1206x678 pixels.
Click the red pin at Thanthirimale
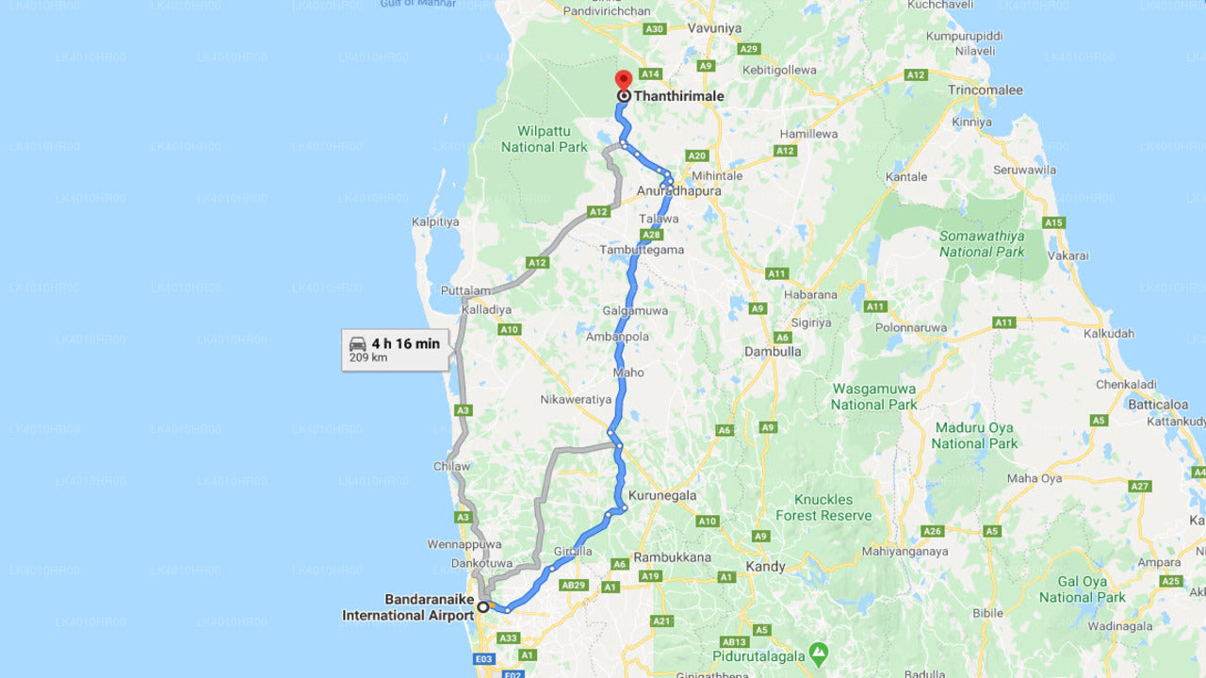(x=623, y=80)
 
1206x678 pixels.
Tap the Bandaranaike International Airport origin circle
(x=483, y=606)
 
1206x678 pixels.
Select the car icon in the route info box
(x=357, y=344)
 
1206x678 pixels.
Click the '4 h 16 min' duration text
(x=405, y=344)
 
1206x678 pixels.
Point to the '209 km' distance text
(x=367, y=358)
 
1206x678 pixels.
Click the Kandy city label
(x=765, y=567)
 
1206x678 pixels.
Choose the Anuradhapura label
(x=678, y=190)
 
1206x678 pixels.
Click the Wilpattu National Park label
(x=545, y=139)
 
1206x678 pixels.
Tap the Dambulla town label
(x=773, y=351)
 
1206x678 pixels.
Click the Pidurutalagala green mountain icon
(x=819, y=652)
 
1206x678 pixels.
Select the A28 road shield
(x=650, y=234)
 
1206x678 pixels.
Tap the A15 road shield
(x=1053, y=223)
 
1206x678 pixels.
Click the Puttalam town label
(x=464, y=291)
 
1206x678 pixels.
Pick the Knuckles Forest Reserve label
(x=823, y=508)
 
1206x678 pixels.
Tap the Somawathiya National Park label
(x=982, y=244)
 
